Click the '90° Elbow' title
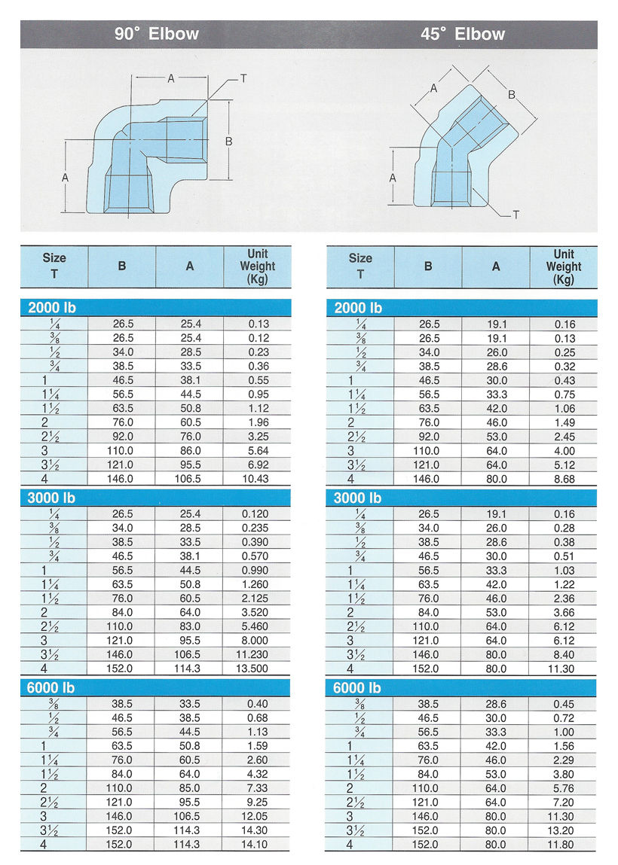click(157, 34)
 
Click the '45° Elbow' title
click(463, 34)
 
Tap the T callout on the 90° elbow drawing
click(243, 78)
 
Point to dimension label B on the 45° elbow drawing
click(512, 95)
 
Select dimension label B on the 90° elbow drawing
click(228, 141)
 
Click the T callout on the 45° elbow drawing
click(516, 215)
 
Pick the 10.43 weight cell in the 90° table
click(258, 479)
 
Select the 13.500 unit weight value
click(258, 669)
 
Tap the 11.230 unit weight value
click(258, 654)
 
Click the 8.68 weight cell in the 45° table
click(564, 479)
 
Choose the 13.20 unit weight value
click(564, 830)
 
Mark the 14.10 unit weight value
click(258, 845)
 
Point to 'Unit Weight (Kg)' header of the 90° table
click(258, 267)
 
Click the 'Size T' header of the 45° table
click(360, 267)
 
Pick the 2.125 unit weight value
click(258, 598)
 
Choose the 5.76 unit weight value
click(564, 788)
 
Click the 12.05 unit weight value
click(258, 816)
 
